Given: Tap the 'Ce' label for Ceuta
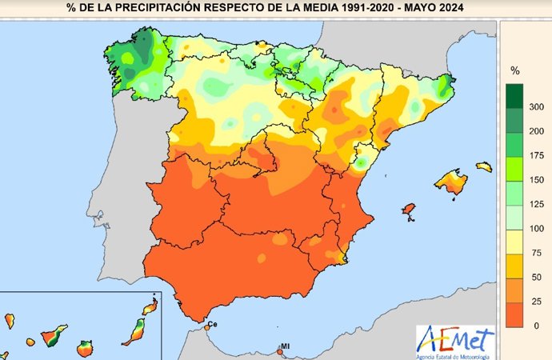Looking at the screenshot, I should pyautogui.click(x=213, y=324).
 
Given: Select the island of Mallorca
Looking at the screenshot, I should pyautogui.click(x=450, y=182).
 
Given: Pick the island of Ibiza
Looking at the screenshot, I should pyautogui.click(x=408, y=211).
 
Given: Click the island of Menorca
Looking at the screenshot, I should pyautogui.click(x=483, y=166).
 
